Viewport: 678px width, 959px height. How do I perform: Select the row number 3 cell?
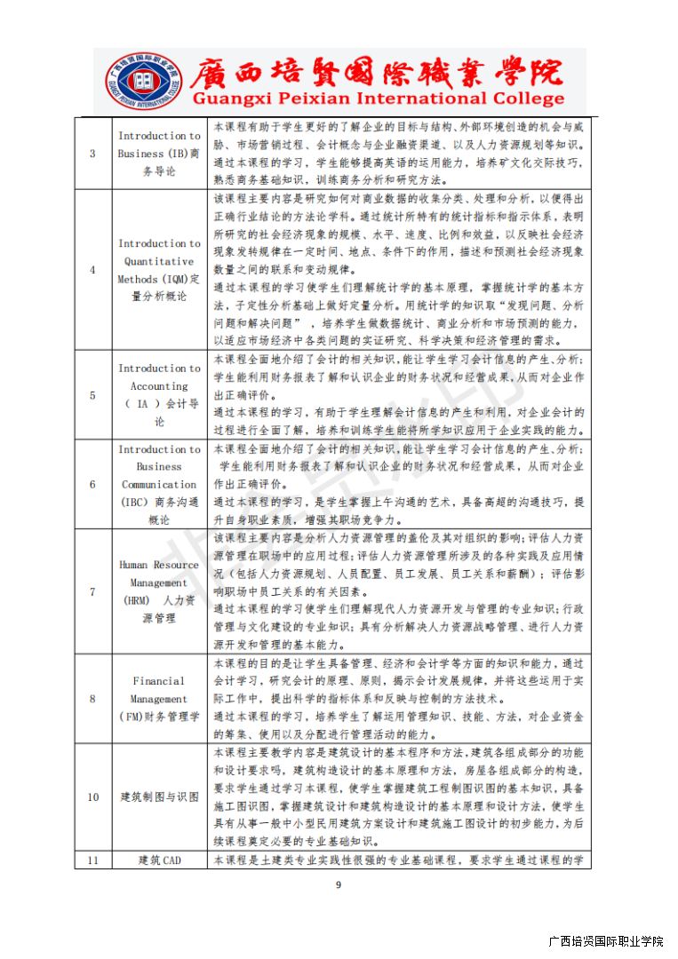[x=93, y=154]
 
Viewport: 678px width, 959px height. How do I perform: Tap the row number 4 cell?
[x=93, y=270]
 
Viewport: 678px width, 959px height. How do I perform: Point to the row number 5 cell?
[x=93, y=395]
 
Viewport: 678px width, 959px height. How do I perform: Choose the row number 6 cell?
[x=93, y=485]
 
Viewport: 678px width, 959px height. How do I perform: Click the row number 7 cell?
[x=93, y=591]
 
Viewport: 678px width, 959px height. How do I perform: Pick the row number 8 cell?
[x=93, y=699]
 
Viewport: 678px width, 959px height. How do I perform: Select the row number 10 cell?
[x=93, y=797]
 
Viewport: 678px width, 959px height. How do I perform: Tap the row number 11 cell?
[x=93, y=860]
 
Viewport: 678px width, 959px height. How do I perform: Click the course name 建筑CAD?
[x=160, y=860]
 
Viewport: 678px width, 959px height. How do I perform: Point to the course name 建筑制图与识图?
[x=160, y=797]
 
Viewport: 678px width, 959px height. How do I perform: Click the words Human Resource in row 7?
[x=159, y=565]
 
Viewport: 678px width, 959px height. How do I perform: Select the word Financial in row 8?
[x=159, y=681]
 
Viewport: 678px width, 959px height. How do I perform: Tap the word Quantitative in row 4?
[x=159, y=261]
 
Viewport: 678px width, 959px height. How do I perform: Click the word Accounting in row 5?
[x=159, y=386]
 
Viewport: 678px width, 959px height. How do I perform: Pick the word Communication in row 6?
[x=159, y=485]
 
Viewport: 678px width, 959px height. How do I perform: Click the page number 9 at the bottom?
[x=338, y=884]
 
